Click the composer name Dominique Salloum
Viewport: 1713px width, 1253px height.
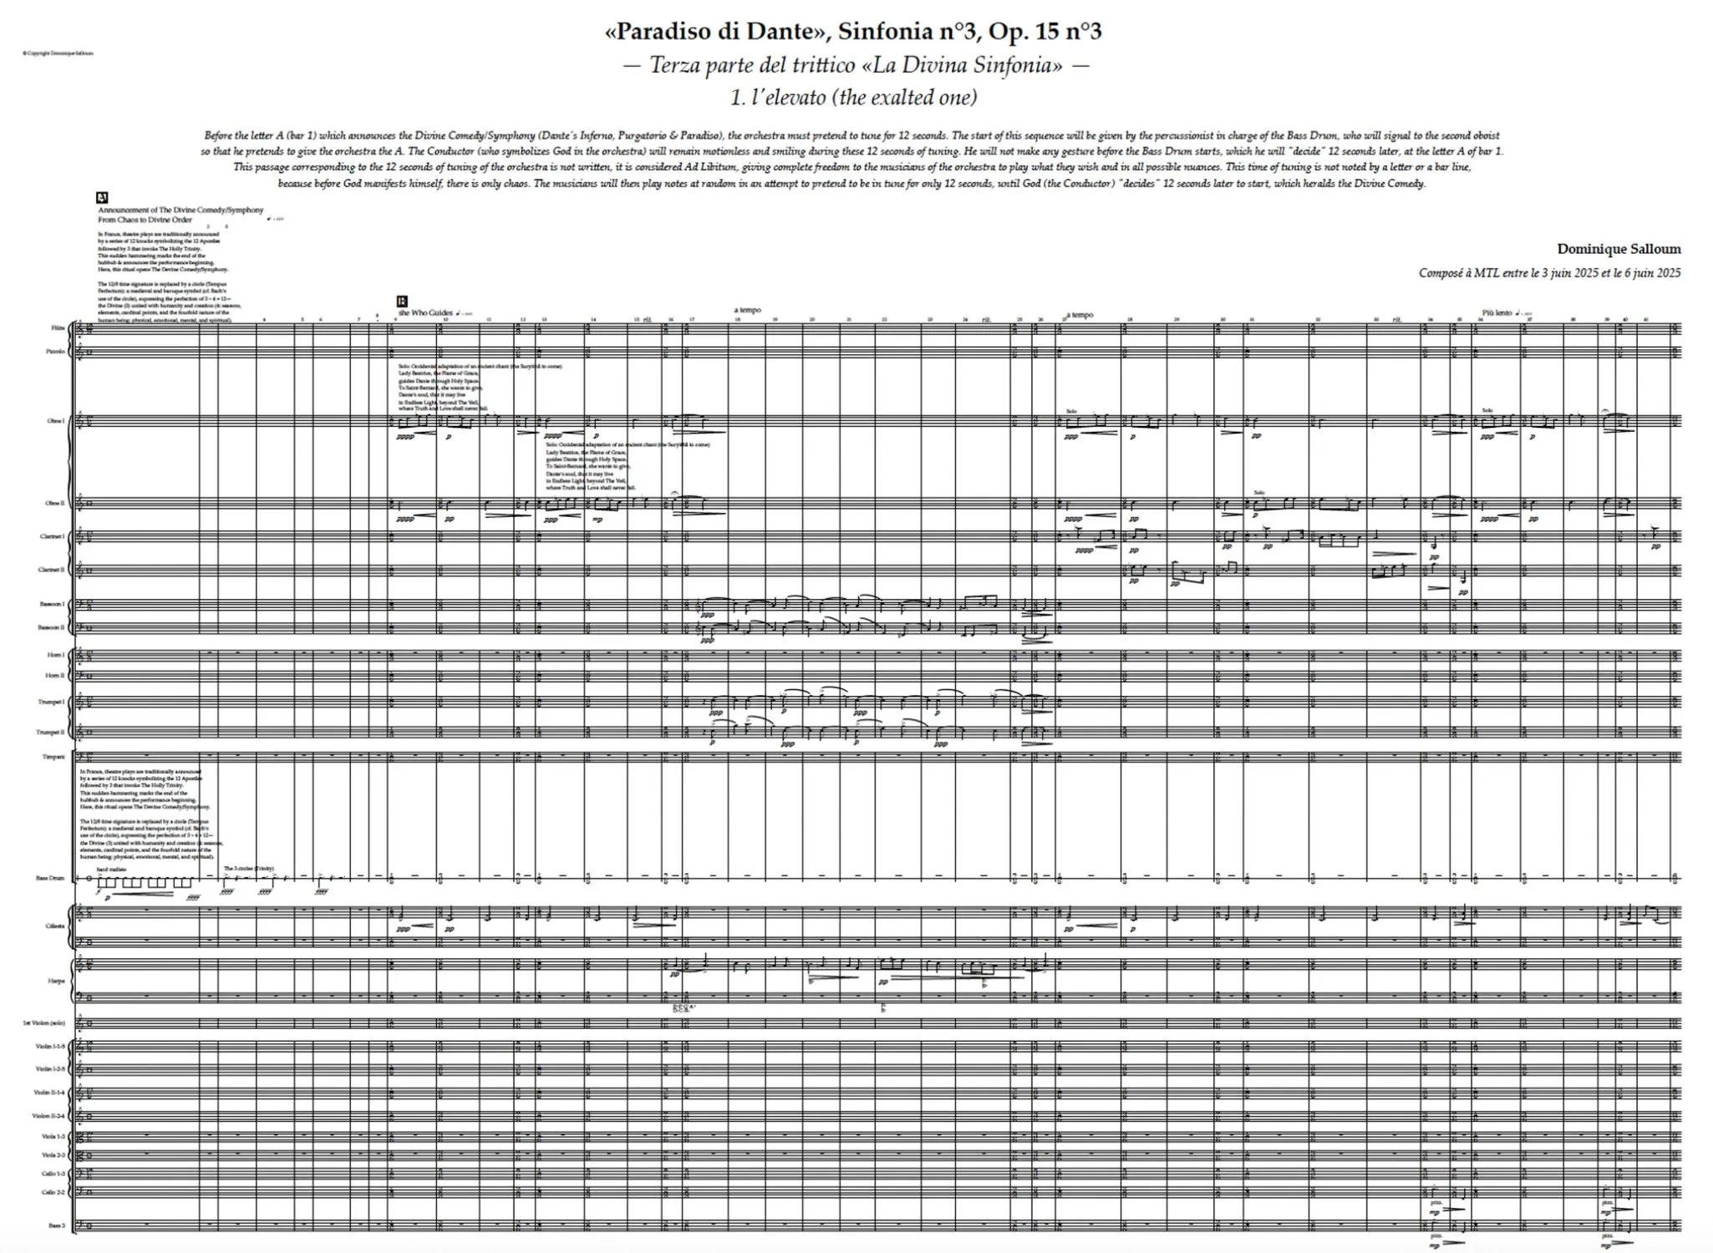(x=1619, y=249)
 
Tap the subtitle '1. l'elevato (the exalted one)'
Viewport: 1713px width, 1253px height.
(x=853, y=98)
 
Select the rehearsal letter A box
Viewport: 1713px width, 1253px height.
(x=102, y=198)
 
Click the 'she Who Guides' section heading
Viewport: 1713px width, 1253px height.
(x=425, y=312)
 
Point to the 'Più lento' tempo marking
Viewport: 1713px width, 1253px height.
(x=1497, y=312)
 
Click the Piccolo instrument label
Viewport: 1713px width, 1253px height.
(x=55, y=352)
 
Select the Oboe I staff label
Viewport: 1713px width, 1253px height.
(x=56, y=421)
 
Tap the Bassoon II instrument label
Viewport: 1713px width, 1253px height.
(x=53, y=627)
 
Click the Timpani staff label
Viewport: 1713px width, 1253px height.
(x=54, y=758)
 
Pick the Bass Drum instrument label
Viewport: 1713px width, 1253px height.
(x=50, y=878)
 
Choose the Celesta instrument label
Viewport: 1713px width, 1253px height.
(x=55, y=926)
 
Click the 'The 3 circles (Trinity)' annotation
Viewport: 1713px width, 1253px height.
(x=248, y=869)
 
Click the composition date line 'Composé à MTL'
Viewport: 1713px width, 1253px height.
(x=1549, y=273)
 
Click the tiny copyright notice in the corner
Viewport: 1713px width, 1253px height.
(x=58, y=53)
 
